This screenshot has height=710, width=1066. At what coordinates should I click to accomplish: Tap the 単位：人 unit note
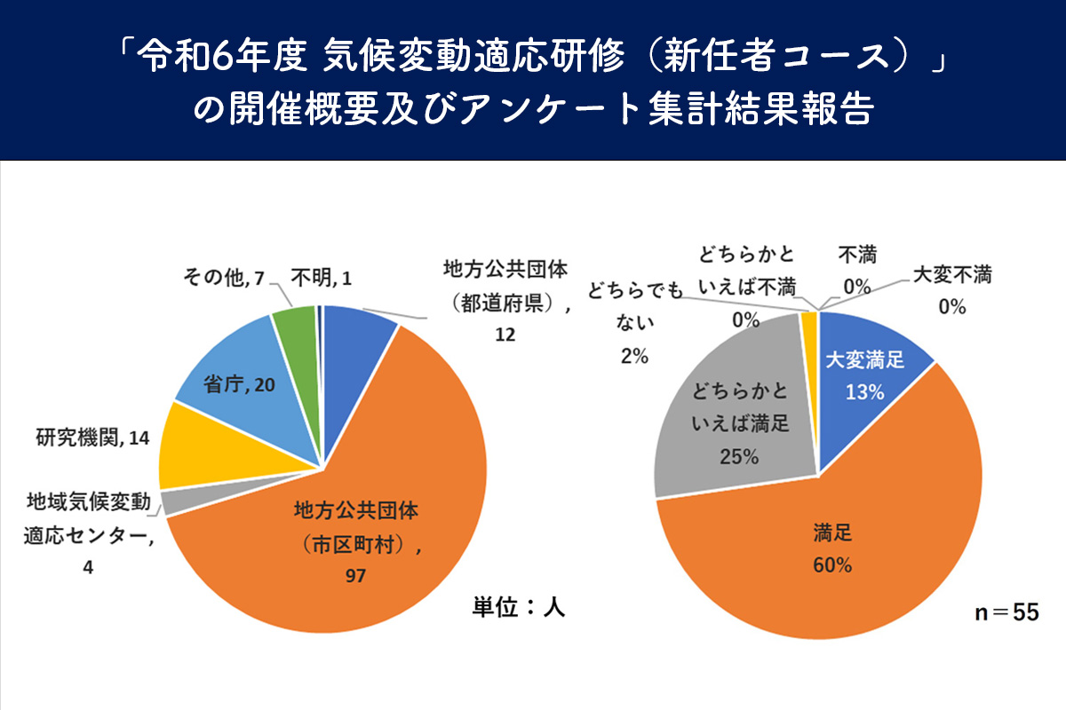[x=518, y=608]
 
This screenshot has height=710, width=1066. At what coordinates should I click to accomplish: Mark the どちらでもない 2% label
[x=634, y=323]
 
